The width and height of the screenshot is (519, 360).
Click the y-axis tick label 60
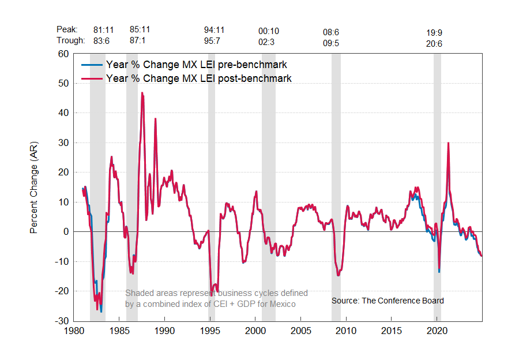coord(63,54)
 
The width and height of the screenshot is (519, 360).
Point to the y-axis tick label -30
coord(61,321)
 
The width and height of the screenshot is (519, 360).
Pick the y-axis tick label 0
coord(66,232)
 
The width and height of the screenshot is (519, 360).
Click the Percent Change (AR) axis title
coord(34,187)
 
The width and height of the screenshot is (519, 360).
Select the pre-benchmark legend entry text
coord(196,64)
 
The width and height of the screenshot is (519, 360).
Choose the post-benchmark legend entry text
coord(198,78)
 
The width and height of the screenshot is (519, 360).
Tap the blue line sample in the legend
coord(92,64)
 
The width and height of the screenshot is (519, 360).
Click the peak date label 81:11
coord(104,29)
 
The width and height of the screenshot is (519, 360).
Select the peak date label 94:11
coord(215,29)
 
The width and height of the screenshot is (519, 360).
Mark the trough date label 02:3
coord(268,40)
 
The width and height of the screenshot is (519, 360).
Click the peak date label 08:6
coord(332,32)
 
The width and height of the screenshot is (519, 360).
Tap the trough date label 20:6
coord(434,43)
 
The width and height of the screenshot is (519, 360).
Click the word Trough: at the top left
coord(71,40)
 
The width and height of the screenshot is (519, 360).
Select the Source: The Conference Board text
coord(388,301)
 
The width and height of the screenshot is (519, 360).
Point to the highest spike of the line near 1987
coord(142,93)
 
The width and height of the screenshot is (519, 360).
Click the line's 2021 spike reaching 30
coord(448,143)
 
